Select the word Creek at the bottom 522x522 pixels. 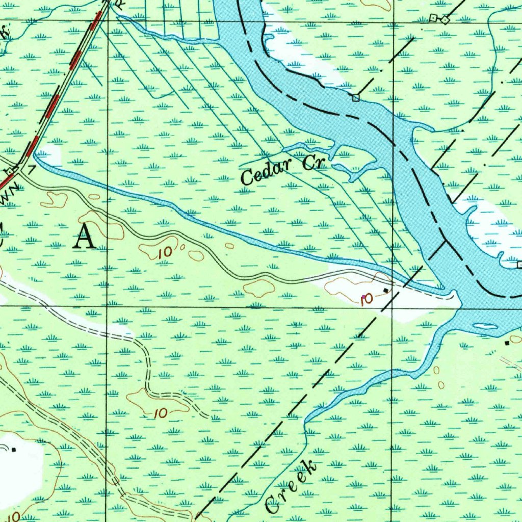click(x=291, y=487)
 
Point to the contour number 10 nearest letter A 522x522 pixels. click(x=165, y=251)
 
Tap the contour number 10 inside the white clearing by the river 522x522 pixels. click(x=366, y=299)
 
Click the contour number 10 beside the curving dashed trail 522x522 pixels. click(x=161, y=413)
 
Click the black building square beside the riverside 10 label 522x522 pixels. click(x=386, y=291)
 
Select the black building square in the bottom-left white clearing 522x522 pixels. click(x=14, y=449)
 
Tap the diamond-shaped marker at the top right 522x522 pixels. click(x=445, y=20)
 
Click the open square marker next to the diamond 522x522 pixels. click(x=433, y=18)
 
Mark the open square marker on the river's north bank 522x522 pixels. click(x=356, y=97)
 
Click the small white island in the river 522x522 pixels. click(x=485, y=326)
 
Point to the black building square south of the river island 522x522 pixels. click(x=506, y=344)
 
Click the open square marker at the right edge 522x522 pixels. click(x=519, y=265)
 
